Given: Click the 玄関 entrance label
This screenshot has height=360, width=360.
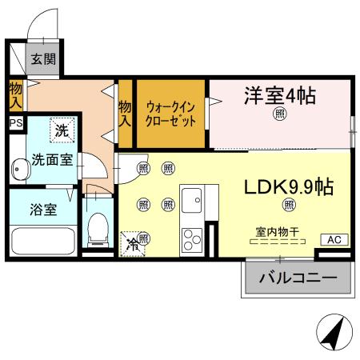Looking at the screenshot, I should coord(42,59).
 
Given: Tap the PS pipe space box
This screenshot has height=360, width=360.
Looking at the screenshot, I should coord(15,124).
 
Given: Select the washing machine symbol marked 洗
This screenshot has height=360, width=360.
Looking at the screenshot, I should coord(61,126).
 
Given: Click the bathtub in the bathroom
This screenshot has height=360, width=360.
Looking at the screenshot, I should coord(44,240).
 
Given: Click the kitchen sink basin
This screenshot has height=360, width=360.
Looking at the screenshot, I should coord(193,198).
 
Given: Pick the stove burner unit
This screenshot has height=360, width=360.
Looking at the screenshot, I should coord(193,237).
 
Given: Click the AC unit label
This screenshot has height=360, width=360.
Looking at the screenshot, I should coord(334,239).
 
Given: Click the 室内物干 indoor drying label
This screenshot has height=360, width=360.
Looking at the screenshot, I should coord(278,232).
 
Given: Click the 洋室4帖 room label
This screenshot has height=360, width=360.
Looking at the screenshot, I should coord(279,97).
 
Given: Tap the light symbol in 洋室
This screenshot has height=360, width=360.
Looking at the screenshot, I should coord(279,115).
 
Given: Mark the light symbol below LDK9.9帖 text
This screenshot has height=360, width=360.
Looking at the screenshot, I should coord(288,205).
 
